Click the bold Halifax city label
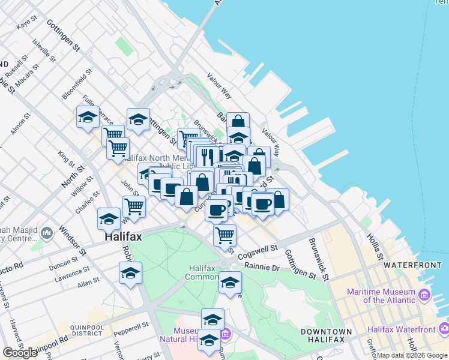coord(123,236)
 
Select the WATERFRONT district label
coord(412,265)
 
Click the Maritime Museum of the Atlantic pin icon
coord(425,295)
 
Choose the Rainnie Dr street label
coord(259,266)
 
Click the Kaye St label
coord(27,23)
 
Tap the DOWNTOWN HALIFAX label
coord(326,335)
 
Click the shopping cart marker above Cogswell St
coord(224,233)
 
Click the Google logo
coord(20,353)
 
